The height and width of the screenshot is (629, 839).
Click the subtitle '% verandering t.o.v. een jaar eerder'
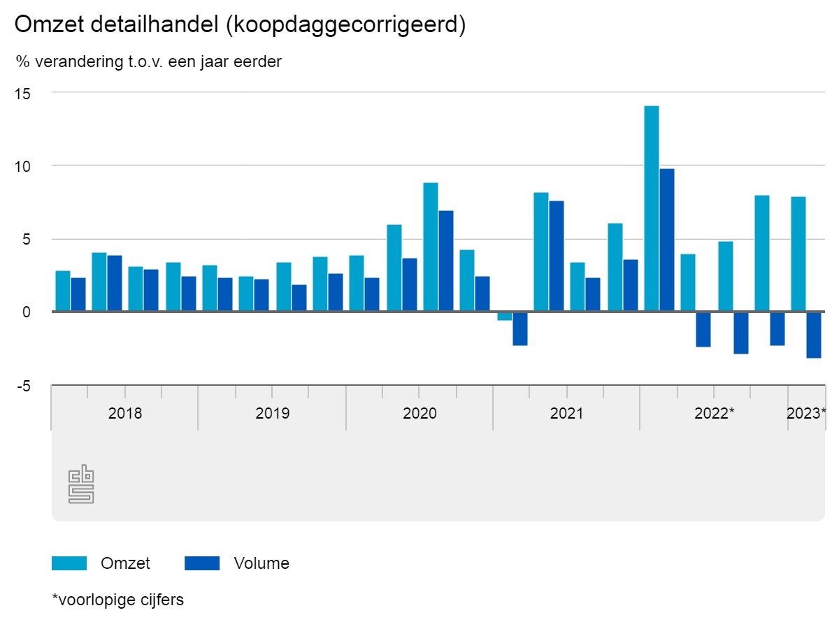point(149,62)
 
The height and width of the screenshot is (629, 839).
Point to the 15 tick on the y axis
point(24,92)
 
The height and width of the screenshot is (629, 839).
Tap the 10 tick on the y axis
point(24,166)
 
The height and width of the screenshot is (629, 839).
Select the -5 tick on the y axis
point(24,385)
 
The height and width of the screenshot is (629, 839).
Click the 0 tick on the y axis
point(27,312)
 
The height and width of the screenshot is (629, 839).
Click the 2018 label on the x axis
point(125,413)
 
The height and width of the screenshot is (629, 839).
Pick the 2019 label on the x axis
point(272,413)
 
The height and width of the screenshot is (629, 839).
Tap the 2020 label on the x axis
point(419,413)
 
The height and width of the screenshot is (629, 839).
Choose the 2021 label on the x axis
point(566,413)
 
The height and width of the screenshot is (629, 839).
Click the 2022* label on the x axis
point(714,413)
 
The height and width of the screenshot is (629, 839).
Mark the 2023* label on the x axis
point(806,413)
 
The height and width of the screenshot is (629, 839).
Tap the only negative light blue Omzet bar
point(504,316)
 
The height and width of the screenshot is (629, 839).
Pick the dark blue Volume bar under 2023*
point(814,335)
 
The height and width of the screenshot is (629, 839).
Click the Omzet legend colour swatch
point(69,563)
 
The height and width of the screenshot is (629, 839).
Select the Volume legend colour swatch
point(202,563)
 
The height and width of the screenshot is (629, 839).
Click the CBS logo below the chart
point(81,484)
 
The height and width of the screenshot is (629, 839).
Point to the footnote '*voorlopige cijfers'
point(118,600)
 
